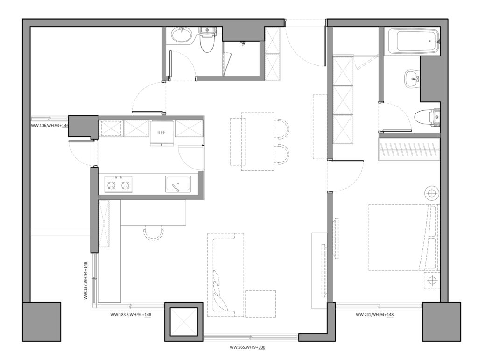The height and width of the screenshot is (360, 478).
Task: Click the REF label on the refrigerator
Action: pyautogui.click(x=161, y=133)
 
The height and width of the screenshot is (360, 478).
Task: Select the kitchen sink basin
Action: pyautogui.click(x=178, y=184)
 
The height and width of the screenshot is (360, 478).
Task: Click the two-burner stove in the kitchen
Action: pyautogui.click(x=118, y=184)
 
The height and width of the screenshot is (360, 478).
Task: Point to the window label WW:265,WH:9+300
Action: pyautogui.click(x=247, y=347)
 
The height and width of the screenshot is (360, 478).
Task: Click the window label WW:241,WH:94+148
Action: pyautogui.click(x=374, y=315)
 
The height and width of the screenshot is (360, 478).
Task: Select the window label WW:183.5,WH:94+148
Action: pyautogui.click(x=131, y=315)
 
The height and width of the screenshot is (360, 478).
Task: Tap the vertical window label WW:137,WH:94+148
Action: pyautogui.click(x=86, y=281)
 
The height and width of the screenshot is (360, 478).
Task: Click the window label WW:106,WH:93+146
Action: pyautogui.click(x=49, y=125)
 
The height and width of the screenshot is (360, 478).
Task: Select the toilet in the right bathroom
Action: pyautogui.click(x=428, y=117)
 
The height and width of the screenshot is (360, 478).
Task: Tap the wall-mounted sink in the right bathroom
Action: pyautogui.click(x=412, y=78)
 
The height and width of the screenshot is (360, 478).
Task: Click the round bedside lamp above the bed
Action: pyautogui.click(x=432, y=193)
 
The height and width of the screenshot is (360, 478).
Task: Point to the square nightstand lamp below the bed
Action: pyautogui.click(x=432, y=280)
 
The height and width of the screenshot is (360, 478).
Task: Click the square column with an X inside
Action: pyautogui.click(x=183, y=322)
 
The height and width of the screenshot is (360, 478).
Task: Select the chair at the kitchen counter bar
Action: pyautogui.click(x=153, y=233)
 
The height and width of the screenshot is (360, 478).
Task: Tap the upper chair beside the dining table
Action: pyautogui.click(x=282, y=128)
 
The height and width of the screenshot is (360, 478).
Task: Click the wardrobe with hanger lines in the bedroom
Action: pyautogui.click(x=409, y=149)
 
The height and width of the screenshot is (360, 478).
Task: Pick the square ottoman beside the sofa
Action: pyautogui.click(x=260, y=304)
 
